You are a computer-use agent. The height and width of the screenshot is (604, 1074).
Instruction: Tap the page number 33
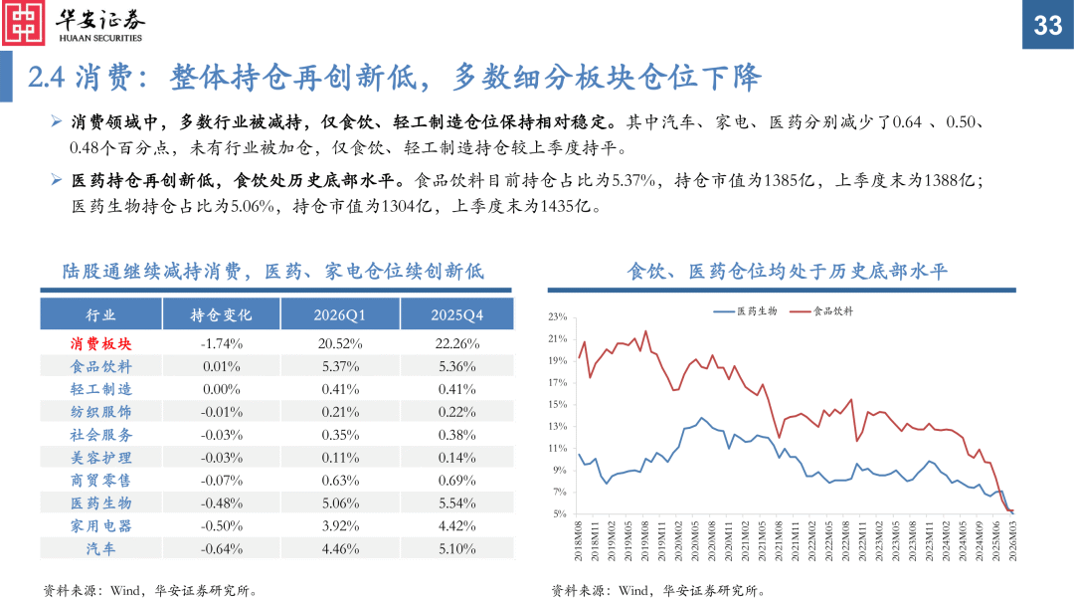click(x=1047, y=26)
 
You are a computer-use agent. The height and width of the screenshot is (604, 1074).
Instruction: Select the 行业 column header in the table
click(x=100, y=314)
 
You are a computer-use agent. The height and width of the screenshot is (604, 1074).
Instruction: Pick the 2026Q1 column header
click(x=340, y=314)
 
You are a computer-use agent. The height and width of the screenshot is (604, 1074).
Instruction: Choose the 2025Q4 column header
click(x=456, y=314)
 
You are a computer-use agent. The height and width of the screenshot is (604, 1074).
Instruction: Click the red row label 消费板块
click(x=100, y=343)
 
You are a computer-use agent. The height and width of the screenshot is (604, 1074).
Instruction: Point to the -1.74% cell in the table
click(x=221, y=343)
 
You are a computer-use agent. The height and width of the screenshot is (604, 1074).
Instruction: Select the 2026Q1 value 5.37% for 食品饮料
click(x=340, y=366)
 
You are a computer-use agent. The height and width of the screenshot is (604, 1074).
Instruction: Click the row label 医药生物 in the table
click(x=100, y=503)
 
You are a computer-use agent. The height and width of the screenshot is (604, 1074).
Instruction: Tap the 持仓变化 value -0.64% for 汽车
click(x=221, y=548)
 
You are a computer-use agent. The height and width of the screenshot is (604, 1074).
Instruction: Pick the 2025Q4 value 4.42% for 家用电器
click(x=456, y=525)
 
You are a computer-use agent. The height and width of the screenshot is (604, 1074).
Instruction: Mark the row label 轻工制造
click(x=100, y=389)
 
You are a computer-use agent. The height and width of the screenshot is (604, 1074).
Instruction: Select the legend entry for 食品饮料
click(x=821, y=310)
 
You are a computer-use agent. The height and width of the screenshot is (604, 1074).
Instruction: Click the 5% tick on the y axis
click(x=560, y=514)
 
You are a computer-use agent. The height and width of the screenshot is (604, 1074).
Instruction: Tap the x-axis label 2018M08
click(x=579, y=542)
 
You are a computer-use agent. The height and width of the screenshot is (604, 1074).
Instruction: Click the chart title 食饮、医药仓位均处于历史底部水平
click(x=788, y=271)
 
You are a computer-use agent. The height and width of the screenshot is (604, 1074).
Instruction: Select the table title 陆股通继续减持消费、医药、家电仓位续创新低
click(x=272, y=271)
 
